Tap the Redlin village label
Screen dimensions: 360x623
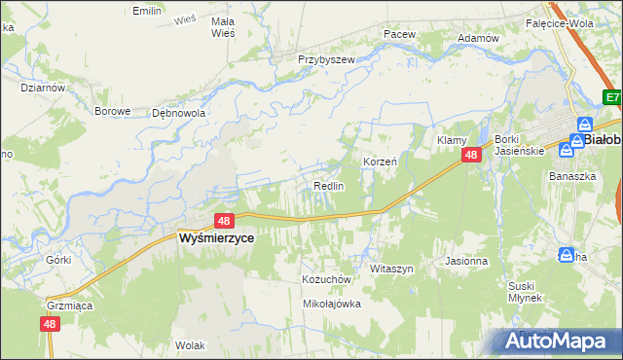point(328,186)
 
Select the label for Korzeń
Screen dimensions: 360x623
point(380,162)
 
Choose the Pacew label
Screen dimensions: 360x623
point(399,34)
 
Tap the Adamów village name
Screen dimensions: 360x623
point(477,38)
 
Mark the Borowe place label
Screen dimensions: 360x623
point(112,111)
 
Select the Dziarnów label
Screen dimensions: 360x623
point(43,87)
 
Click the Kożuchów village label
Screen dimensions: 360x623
point(325,278)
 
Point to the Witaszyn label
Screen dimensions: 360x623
point(392,268)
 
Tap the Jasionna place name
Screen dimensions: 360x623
point(465,261)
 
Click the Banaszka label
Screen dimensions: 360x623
point(571,176)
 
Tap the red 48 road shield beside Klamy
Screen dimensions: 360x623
point(471,156)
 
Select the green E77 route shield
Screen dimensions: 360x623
point(612,97)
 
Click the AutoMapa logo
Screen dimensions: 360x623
point(556,342)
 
